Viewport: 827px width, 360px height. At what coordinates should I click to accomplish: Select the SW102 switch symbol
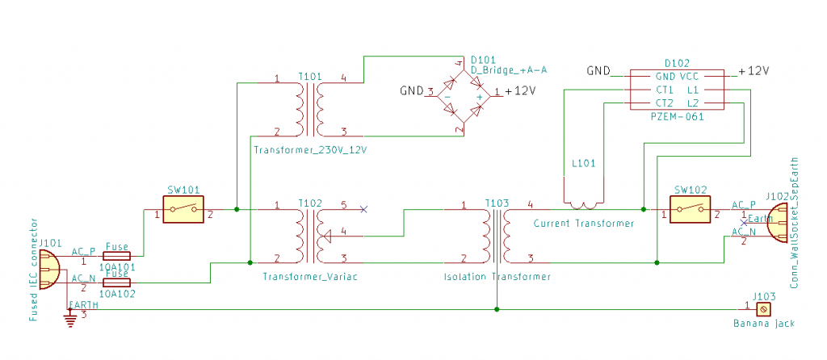click(x=690, y=209)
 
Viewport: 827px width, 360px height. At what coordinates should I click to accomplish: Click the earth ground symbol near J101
click(x=69, y=320)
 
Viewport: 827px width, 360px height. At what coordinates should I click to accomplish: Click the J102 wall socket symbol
click(x=777, y=223)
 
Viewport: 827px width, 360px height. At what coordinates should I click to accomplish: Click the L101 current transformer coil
click(x=583, y=204)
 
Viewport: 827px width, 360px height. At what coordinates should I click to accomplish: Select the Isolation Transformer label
click(x=497, y=277)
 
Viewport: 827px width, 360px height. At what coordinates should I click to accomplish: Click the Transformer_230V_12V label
click(x=310, y=149)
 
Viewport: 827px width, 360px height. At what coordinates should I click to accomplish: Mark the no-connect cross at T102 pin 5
click(x=363, y=209)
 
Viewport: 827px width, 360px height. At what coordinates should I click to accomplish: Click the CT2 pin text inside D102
click(x=665, y=103)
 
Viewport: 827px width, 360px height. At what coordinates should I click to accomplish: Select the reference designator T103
click(x=497, y=203)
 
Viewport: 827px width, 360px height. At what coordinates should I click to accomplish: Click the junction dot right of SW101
click(x=237, y=209)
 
